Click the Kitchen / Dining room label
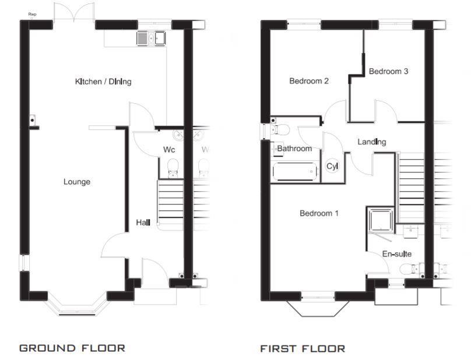tap(103, 82)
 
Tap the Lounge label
tap(77, 182)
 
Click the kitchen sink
tap(151, 38)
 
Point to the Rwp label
tap(31, 14)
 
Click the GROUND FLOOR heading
tap(72, 348)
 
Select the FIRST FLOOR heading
tap(303, 349)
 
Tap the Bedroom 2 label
tap(309, 81)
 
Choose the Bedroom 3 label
tap(388, 72)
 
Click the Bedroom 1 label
tap(319, 213)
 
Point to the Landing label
tap(371, 142)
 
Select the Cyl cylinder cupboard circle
tap(332, 167)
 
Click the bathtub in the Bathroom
tap(296, 172)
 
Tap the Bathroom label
tap(294, 149)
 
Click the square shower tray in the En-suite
tap(379, 220)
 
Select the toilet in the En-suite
tap(410, 269)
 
